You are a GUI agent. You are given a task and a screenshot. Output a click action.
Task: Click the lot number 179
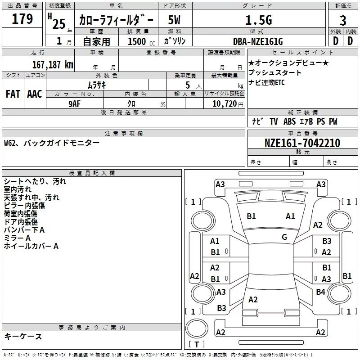pos(22,19)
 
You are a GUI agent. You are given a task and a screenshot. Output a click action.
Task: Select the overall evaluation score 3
pos(343,20)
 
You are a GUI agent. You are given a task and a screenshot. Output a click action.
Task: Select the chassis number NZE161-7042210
pos(302,143)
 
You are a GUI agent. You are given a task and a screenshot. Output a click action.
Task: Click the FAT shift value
pos(13,94)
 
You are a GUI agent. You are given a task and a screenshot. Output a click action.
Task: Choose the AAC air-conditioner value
pos(35,94)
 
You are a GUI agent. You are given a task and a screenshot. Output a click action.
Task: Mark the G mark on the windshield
pos(284,237)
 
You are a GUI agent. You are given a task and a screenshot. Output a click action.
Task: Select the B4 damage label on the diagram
pos(320,292)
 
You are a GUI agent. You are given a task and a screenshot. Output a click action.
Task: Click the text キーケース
pos(23,337)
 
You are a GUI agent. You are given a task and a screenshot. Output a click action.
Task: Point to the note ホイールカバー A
pos(31,246)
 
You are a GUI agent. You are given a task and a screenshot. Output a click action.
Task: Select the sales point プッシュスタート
pos(275,72)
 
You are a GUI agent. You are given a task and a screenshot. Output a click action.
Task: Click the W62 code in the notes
pos(11,143)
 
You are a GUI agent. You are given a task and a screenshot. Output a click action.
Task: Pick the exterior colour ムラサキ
pos(97,84)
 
